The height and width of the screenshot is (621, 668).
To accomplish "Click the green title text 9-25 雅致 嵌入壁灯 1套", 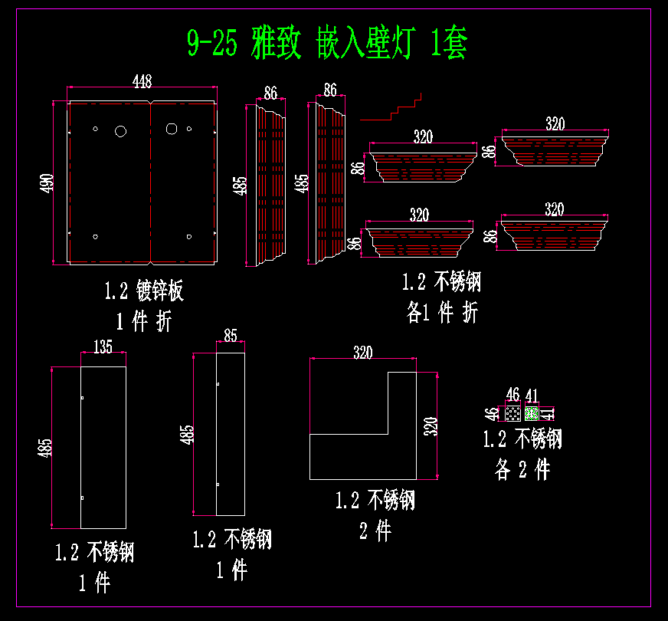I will pos(327,44).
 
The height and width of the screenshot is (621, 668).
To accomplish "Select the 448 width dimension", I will pos(142,81).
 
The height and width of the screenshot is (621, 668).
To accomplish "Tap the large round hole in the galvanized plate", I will pos(120,131).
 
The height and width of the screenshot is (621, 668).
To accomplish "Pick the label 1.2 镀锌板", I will pos(144,291).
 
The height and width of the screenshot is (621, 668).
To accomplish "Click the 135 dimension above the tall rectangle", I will pos(103,347).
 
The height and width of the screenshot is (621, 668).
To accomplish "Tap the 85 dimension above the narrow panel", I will pos(230,335).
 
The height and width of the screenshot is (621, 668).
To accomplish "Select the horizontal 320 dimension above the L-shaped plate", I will pos(362,353).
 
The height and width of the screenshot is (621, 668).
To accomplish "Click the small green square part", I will pos(531,413).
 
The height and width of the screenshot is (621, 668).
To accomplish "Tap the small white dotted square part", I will pos(512,413).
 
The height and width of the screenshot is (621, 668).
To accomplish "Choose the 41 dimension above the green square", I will pos(532,396).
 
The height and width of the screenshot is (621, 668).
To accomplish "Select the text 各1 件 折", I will pos(442,313).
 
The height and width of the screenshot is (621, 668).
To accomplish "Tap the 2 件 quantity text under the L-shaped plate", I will pos(375,531).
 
